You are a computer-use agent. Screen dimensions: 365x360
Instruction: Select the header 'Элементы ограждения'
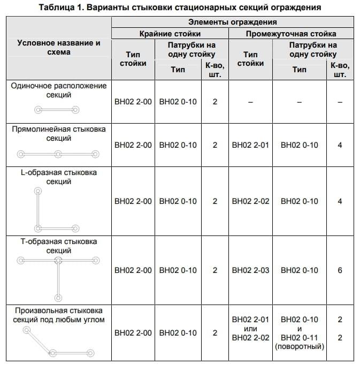(232, 22)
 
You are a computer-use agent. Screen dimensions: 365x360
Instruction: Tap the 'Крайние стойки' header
(170, 34)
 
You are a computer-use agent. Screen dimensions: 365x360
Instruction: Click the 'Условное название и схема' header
(59, 47)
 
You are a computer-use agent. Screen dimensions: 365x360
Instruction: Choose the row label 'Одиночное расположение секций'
(59, 90)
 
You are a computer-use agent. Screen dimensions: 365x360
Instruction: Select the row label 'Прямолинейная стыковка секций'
(59, 133)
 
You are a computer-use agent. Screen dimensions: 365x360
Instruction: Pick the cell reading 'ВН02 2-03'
(250, 270)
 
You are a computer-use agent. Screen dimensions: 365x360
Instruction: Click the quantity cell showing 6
(340, 270)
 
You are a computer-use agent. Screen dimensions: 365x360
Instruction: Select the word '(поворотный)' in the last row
(299, 347)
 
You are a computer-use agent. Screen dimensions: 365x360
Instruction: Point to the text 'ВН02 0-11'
(299, 338)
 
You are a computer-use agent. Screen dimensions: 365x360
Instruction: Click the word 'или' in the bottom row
(250, 329)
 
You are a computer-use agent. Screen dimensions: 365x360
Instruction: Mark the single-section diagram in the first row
(57, 110)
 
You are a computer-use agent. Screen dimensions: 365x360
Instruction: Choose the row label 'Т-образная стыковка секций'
(59, 246)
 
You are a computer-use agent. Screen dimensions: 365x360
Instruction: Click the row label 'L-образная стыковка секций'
(59, 177)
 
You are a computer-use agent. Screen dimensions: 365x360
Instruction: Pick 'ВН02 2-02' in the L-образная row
(250, 201)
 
